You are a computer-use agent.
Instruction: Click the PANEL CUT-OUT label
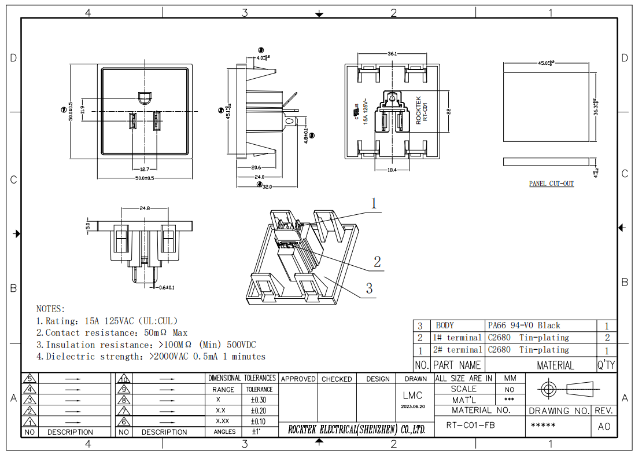click(x=551, y=184)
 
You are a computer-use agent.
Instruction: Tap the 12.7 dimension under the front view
click(x=145, y=169)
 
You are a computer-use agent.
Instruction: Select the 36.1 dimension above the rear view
click(x=392, y=54)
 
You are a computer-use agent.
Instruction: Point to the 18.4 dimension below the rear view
click(x=392, y=170)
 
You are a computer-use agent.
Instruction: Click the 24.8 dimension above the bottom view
click(x=145, y=208)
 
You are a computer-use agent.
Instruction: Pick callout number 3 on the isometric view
click(x=368, y=288)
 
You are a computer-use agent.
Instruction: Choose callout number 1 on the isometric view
click(x=374, y=203)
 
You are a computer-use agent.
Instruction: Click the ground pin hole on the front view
click(x=145, y=97)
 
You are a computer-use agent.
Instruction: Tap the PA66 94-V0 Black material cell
click(x=524, y=325)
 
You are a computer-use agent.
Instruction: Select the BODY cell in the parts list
click(x=445, y=325)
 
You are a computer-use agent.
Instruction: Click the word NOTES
click(x=51, y=309)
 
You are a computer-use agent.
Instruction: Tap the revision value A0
click(x=603, y=427)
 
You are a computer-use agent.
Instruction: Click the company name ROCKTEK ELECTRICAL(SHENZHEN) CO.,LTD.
click(x=357, y=430)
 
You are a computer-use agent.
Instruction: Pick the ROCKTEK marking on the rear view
click(x=419, y=109)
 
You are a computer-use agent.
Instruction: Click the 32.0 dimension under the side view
click(x=267, y=186)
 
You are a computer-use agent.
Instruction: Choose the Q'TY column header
click(x=607, y=365)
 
